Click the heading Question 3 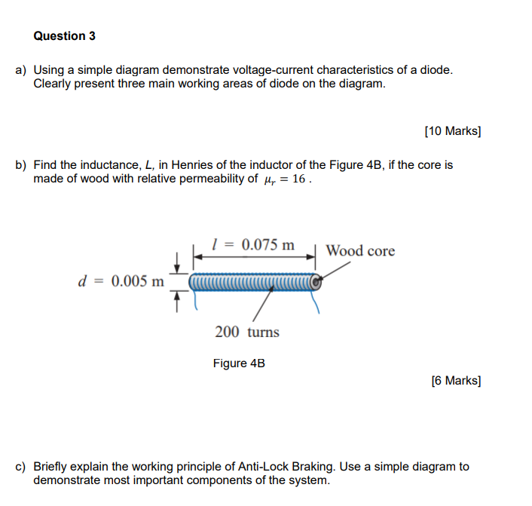[x=65, y=36]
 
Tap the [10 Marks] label [x=452, y=131]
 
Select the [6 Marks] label [x=455, y=380]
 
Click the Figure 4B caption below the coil [x=239, y=363]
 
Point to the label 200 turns [x=246, y=332]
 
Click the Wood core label [x=360, y=251]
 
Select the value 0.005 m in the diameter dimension [x=136, y=281]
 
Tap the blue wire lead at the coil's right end [x=316, y=302]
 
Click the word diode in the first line [x=436, y=70]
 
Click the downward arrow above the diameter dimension [x=177, y=263]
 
